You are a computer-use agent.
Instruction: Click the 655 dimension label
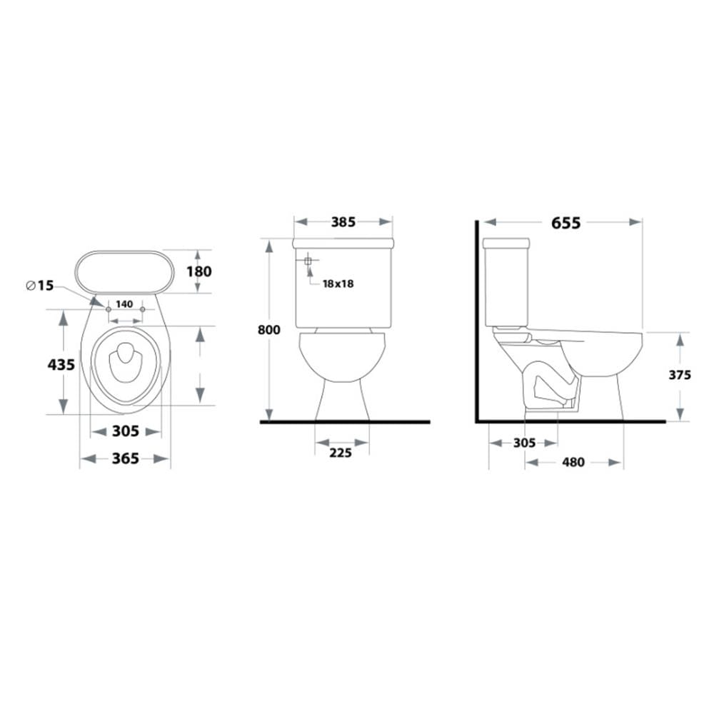coord(566,223)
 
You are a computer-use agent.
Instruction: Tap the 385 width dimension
coord(343,222)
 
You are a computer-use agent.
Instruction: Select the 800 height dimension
coord(268,330)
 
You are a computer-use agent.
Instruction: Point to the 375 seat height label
coord(680,375)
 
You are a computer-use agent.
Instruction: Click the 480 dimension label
coord(573,462)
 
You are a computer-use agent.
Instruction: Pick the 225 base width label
coord(341,453)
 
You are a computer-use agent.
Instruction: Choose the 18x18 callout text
coord(338,283)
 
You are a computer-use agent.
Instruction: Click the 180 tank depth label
coord(199,271)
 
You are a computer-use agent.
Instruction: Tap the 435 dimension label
coord(61,364)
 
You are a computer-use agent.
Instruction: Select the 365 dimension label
coord(125,458)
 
